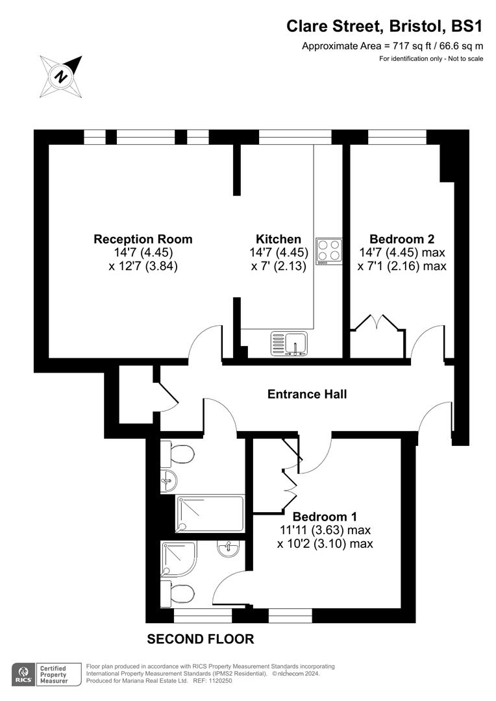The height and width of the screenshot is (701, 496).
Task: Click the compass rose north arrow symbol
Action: click(x=62, y=75)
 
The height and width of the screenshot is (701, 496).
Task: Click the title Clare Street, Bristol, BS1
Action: click(x=385, y=26)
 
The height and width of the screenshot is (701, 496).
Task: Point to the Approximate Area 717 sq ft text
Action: click(x=392, y=46)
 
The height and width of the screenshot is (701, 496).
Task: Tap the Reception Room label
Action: click(x=143, y=239)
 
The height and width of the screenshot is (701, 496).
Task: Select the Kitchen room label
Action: click(x=278, y=239)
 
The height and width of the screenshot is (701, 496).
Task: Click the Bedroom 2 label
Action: click(x=402, y=239)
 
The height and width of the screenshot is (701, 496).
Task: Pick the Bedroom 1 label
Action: click(x=325, y=517)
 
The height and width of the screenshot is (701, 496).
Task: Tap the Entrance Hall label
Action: click(x=307, y=394)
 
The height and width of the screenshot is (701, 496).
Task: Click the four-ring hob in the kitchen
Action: click(x=329, y=251)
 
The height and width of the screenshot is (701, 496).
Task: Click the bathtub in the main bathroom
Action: click(x=209, y=513)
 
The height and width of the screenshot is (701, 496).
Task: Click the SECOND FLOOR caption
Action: click(x=201, y=639)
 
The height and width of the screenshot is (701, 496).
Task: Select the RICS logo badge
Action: click(x=23, y=674)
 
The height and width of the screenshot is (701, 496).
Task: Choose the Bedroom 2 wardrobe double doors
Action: click(x=378, y=323)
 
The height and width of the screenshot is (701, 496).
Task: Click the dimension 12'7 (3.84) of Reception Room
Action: click(x=143, y=265)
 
